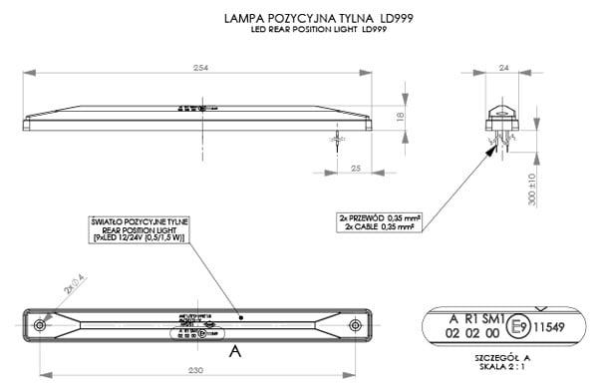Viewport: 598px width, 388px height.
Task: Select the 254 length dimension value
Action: pos(199,67)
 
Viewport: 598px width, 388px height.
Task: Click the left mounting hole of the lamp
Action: pos(39,327)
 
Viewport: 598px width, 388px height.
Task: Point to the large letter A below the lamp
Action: pos(235,352)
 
